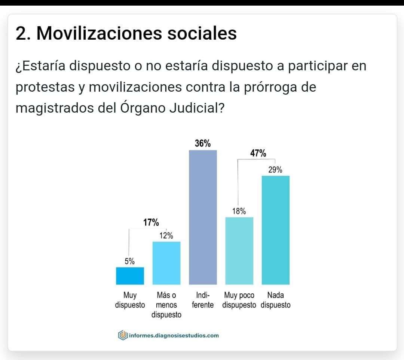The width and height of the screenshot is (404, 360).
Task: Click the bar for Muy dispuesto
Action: (x=130, y=276)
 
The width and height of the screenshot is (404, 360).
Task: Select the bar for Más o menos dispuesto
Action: (x=166, y=263)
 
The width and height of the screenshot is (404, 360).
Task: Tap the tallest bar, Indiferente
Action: (x=203, y=217)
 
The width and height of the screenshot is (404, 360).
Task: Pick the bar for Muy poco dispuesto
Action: (x=239, y=251)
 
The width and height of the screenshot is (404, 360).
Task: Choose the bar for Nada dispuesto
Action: (x=275, y=230)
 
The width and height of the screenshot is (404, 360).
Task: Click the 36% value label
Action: (x=202, y=143)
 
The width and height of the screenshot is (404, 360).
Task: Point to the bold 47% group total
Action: (x=258, y=153)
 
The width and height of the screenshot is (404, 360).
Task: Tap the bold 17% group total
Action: (x=151, y=223)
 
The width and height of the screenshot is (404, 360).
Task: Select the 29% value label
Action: (x=275, y=170)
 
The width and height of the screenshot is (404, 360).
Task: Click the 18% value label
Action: (x=239, y=211)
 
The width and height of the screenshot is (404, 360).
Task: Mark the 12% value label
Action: (x=166, y=236)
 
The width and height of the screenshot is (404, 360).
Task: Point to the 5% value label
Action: (x=130, y=262)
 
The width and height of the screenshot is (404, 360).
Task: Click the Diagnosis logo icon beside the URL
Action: (x=122, y=335)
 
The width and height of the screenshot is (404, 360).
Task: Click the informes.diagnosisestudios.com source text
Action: (x=173, y=336)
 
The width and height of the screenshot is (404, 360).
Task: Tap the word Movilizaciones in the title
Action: (x=99, y=33)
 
